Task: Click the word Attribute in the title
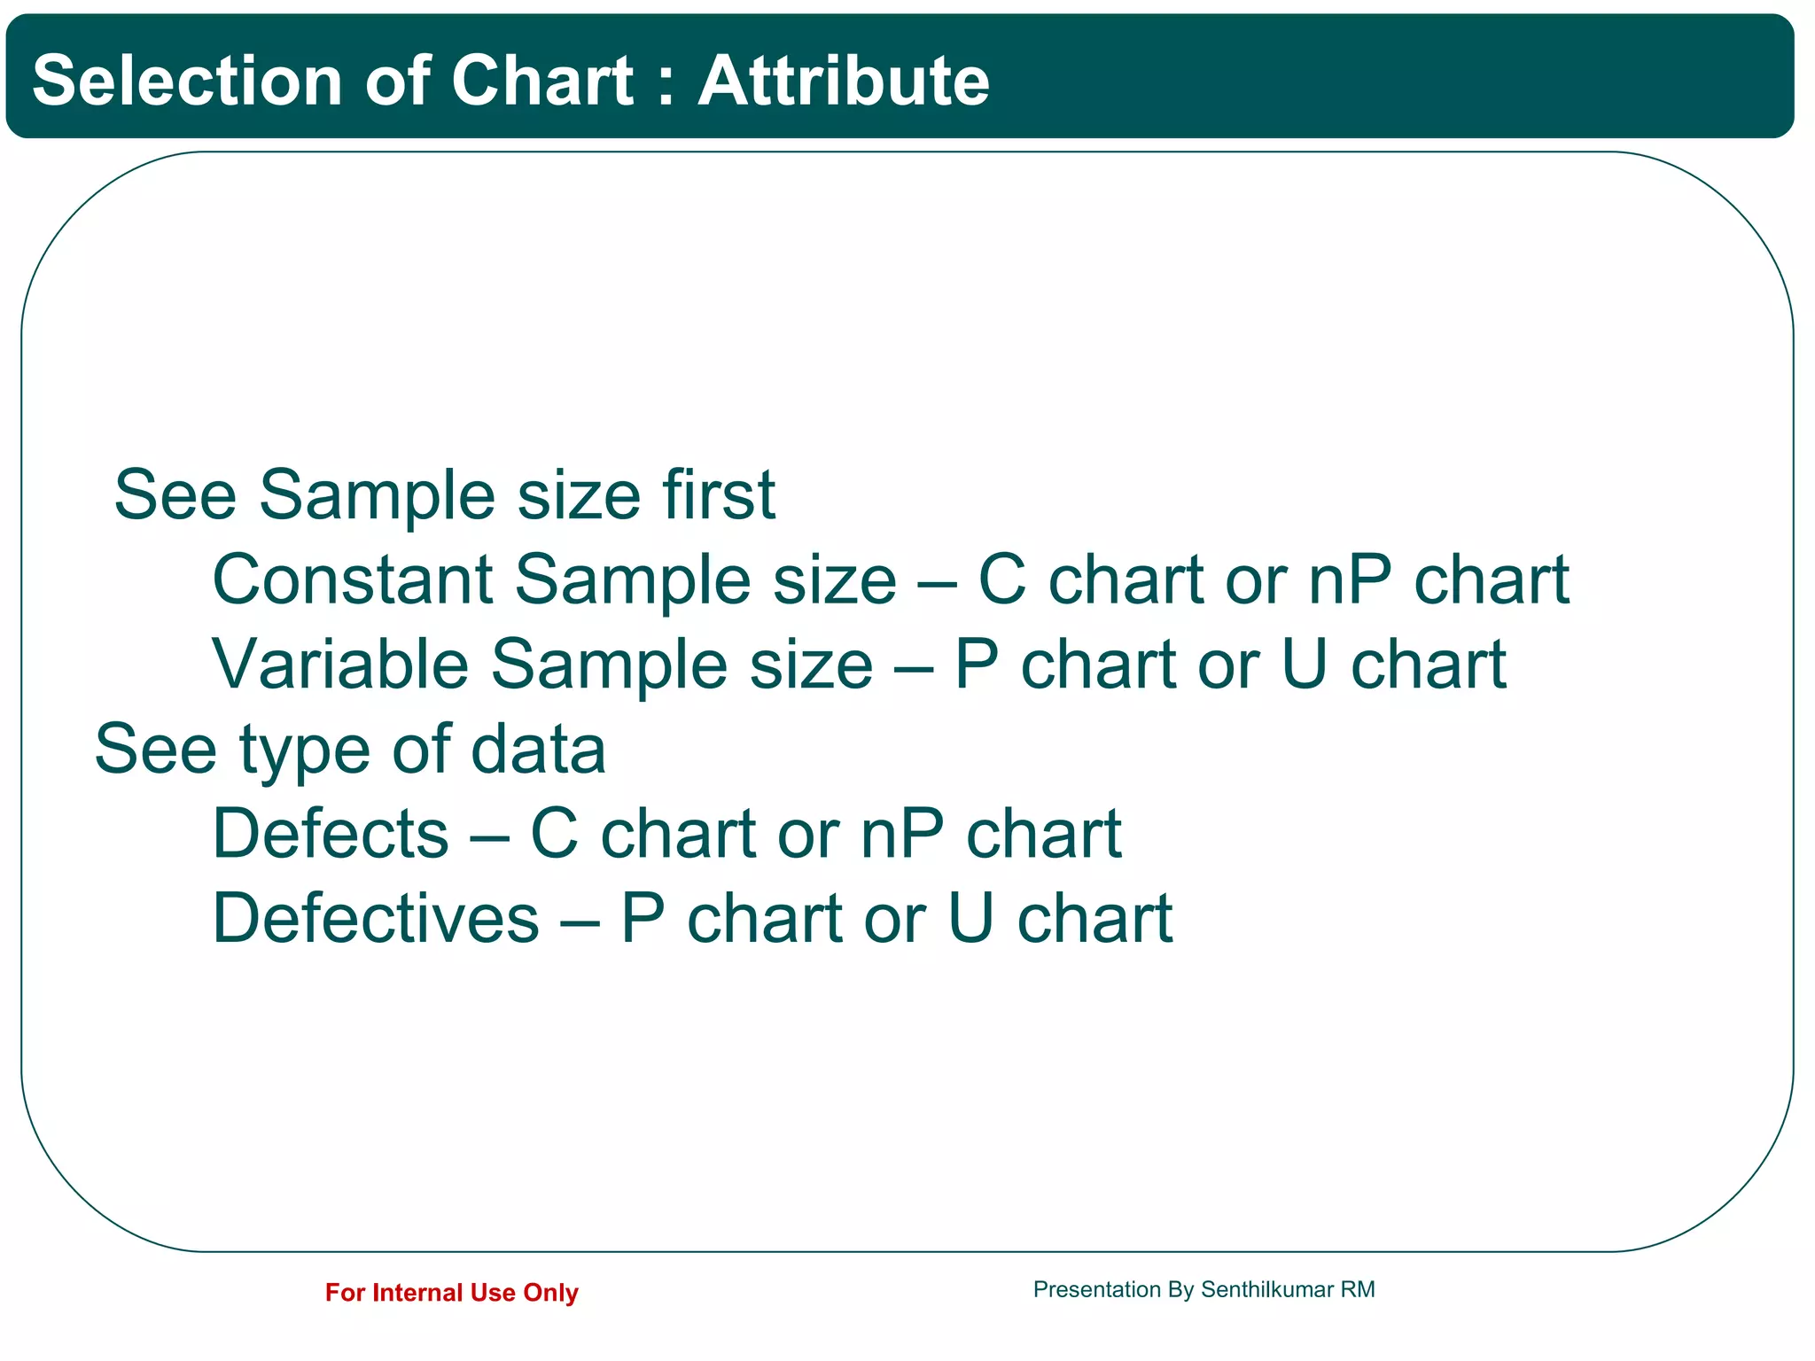coord(843,81)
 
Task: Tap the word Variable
coord(340,664)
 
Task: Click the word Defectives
coord(376,918)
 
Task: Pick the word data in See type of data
coord(538,750)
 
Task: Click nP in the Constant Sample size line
coord(1350,580)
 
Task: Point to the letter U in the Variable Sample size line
coord(1305,664)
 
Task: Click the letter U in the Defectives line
coord(970,918)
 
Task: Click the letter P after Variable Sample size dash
coord(977,664)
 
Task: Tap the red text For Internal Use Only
coord(451,1293)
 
